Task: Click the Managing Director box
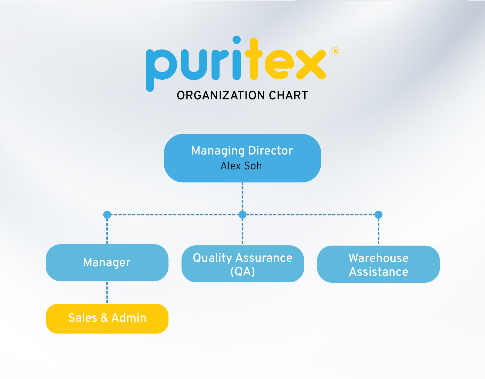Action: [242, 158]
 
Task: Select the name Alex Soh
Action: [241, 166]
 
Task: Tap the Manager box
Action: [107, 262]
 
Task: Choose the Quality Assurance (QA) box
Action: [242, 264]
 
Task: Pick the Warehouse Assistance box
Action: [378, 264]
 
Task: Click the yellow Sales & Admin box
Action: [107, 318]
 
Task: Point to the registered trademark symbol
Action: [335, 51]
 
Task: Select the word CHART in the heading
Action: [288, 95]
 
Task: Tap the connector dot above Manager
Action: [107, 215]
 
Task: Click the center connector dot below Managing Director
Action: [242, 215]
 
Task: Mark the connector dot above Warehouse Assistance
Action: [378, 215]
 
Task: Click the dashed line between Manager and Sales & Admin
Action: [107, 292]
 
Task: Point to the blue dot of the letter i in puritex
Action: [236, 40]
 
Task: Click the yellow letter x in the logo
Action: [311, 64]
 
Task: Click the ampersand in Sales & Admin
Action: [104, 318]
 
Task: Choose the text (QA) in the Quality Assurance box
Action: [242, 271]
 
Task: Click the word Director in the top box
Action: [270, 151]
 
